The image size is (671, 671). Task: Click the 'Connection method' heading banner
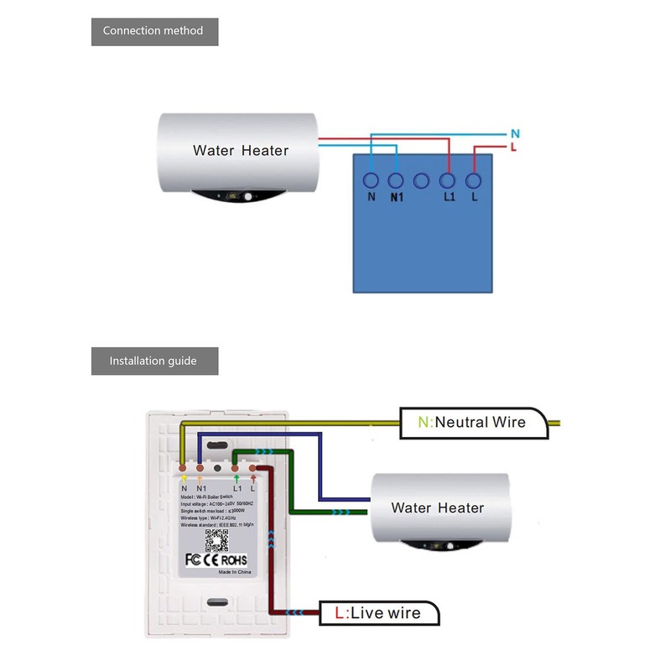[153, 31]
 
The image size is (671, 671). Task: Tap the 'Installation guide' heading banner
[153, 361]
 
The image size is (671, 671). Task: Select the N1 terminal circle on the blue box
[396, 179]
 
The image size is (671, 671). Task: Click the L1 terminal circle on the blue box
[448, 179]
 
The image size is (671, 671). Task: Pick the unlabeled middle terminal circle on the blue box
[422, 179]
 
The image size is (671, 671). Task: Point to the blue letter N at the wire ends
[515, 133]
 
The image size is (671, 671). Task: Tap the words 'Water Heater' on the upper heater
[241, 151]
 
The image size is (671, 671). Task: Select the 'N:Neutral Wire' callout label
[473, 422]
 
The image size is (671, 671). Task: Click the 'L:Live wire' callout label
[379, 613]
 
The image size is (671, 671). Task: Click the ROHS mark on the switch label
[236, 559]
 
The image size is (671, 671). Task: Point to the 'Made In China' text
[237, 572]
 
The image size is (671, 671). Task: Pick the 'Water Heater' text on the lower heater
[438, 507]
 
